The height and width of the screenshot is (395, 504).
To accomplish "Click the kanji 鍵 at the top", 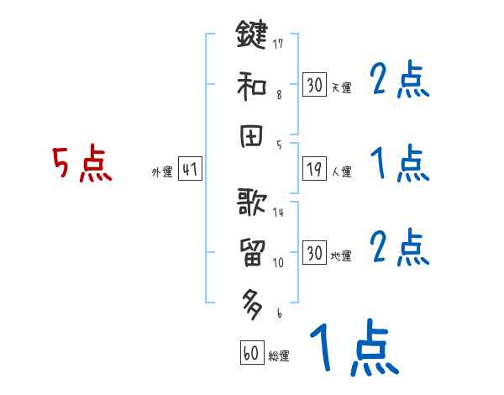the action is pyautogui.click(x=251, y=36).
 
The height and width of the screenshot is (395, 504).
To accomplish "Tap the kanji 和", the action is pyautogui.click(x=251, y=84).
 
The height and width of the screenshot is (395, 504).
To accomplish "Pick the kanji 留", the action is pyautogui.click(x=251, y=251).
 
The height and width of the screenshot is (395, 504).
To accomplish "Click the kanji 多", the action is pyautogui.click(x=251, y=300).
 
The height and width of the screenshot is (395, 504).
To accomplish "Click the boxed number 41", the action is pyautogui.click(x=190, y=170).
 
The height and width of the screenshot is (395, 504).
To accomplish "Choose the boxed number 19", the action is pyautogui.click(x=314, y=169).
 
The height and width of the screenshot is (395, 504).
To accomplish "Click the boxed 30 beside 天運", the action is pyautogui.click(x=314, y=85).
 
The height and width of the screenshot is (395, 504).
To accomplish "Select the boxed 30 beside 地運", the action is pyautogui.click(x=314, y=253).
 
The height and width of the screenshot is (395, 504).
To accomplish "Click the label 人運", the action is pyautogui.click(x=342, y=172).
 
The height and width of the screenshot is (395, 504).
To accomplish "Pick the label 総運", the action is pyautogui.click(x=279, y=355).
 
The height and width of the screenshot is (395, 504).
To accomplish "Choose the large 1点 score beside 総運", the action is pyautogui.click(x=353, y=349).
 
